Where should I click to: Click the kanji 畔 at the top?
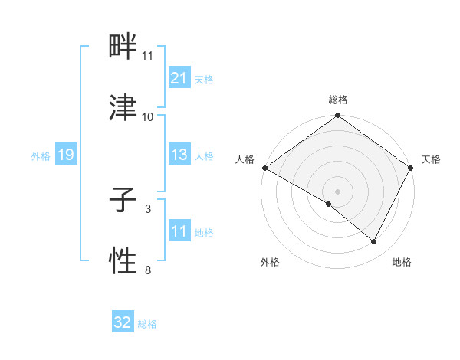point(123,49)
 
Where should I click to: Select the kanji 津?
point(123,107)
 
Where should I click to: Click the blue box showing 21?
point(179,77)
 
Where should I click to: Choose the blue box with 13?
point(179,155)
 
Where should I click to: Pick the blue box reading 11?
point(179,231)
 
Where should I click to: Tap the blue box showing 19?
point(65,155)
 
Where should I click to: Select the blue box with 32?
point(123,322)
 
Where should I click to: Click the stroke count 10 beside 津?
point(148,117)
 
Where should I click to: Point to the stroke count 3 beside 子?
point(147,208)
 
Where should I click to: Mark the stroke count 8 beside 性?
point(147,270)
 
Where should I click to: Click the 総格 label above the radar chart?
point(337,100)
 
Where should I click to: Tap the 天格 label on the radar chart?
point(431,159)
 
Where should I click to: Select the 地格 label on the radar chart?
point(402,262)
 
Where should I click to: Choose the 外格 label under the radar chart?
point(270,262)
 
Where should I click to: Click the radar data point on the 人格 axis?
point(264,168)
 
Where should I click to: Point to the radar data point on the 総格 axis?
point(337,116)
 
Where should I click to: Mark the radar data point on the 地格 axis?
point(374,242)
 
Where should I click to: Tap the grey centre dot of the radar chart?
point(337,191)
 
